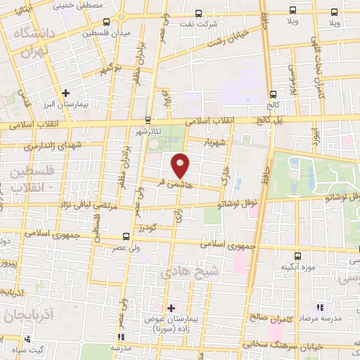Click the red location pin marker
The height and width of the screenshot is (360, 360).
[181, 165]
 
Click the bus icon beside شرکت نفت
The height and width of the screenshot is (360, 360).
[198, 13]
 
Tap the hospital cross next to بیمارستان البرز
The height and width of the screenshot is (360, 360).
[66, 92]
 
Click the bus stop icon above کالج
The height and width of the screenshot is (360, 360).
[273, 94]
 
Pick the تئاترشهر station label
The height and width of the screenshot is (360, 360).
[148, 131]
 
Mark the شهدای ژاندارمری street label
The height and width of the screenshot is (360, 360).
[46, 145]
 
